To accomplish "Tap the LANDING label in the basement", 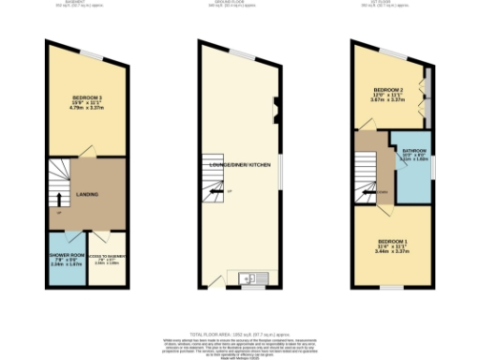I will pos(87,195).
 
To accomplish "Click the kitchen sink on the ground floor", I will pos(248,277).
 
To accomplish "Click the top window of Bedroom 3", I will pos(91,52).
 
